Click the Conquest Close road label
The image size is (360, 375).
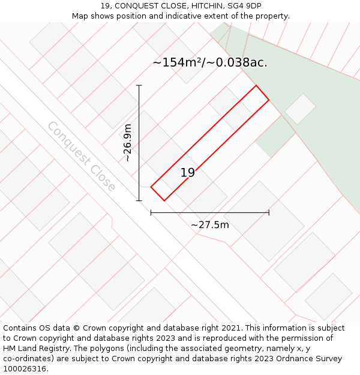82,157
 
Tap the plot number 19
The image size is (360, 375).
188,173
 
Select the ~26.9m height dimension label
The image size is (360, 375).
127,143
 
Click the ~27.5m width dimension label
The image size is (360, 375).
210,225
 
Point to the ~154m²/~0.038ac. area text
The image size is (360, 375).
210,62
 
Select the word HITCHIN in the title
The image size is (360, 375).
199,6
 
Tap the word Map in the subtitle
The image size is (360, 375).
81,16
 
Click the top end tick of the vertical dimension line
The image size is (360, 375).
139,85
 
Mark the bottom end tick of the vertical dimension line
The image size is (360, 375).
139,200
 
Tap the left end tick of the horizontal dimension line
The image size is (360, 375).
151,212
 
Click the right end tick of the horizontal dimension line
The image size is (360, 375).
269,212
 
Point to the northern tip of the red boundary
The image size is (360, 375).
257,85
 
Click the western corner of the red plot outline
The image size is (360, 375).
151,187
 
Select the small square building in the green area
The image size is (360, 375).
300,109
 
